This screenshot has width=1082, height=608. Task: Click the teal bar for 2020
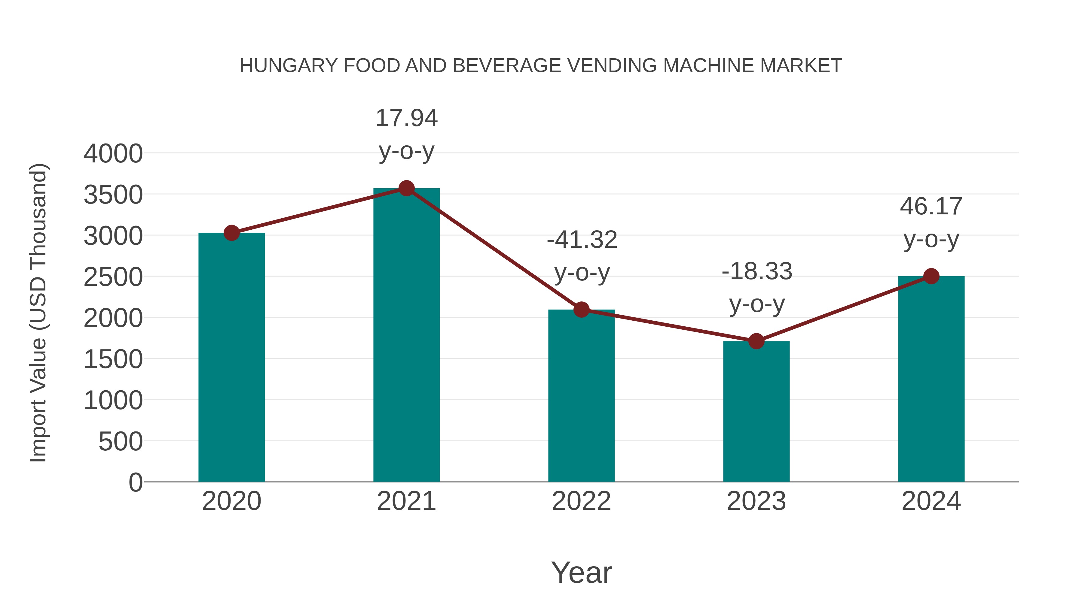tap(231, 357)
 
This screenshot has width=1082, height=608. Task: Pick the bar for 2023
tap(756, 411)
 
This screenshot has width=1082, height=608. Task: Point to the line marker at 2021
tap(406, 188)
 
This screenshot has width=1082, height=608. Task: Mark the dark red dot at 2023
tap(756, 341)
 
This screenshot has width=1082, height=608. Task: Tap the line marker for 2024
tap(931, 276)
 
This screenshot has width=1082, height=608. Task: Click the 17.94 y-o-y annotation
tap(406, 134)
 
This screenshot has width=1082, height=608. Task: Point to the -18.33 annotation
tap(756, 287)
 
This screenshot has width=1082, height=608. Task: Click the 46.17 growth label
tap(931, 222)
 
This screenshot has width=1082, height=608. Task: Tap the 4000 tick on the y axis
tap(113, 153)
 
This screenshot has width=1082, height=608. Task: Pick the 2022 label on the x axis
tap(581, 501)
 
